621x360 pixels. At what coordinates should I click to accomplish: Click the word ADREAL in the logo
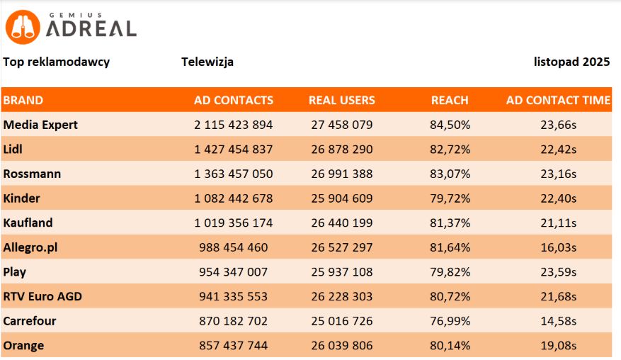[91, 28]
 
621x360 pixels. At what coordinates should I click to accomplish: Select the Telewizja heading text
[207, 62]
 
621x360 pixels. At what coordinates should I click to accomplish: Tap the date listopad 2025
[571, 62]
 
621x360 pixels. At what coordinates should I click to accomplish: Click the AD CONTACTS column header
[233, 100]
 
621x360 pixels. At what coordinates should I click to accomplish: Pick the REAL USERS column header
[342, 100]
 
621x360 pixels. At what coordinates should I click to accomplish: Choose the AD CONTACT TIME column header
[558, 100]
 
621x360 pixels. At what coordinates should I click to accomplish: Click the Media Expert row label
[40, 125]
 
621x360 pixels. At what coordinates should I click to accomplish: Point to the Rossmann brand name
[32, 174]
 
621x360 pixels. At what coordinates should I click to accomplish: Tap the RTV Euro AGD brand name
[42, 296]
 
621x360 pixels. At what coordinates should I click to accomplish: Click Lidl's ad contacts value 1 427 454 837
[233, 150]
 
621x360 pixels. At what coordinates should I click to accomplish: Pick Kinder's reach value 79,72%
[450, 198]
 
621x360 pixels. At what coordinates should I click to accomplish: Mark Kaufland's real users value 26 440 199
[342, 223]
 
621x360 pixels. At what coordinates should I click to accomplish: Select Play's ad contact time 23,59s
[558, 272]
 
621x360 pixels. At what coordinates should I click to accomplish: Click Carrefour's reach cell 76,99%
[450, 321]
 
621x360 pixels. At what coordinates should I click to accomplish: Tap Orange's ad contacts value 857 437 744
[233, 345]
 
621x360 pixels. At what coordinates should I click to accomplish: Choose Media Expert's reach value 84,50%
[450, 125]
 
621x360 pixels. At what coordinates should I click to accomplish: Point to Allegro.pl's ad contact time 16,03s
[558, 247]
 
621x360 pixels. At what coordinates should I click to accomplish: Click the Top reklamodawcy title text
[57, 62]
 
